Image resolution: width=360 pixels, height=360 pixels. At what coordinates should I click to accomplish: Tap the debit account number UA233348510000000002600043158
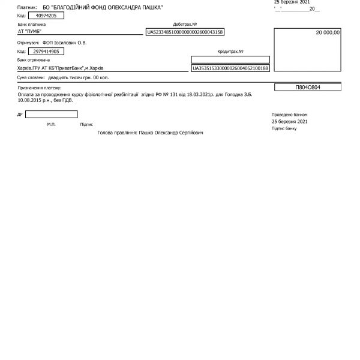coord(185,32)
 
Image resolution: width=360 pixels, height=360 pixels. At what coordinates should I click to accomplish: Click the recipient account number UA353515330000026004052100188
coord(230,69)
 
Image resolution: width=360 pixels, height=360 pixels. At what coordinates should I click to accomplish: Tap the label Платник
coord(28,7)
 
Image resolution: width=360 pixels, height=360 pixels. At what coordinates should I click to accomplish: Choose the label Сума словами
coord(31,78)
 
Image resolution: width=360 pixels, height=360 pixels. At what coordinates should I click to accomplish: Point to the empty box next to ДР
coord(51,113)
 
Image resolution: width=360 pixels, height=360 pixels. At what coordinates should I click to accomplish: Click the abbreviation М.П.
coord(51,125)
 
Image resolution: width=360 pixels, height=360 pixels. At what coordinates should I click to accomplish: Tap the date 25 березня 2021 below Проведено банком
coord(289,121)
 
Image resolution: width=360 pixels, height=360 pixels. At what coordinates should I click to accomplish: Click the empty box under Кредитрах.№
coord(230,59)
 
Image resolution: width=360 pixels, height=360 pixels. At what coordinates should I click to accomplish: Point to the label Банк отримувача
coord(34,61)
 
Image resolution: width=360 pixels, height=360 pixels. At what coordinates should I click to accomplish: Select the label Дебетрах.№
coord(185,25)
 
